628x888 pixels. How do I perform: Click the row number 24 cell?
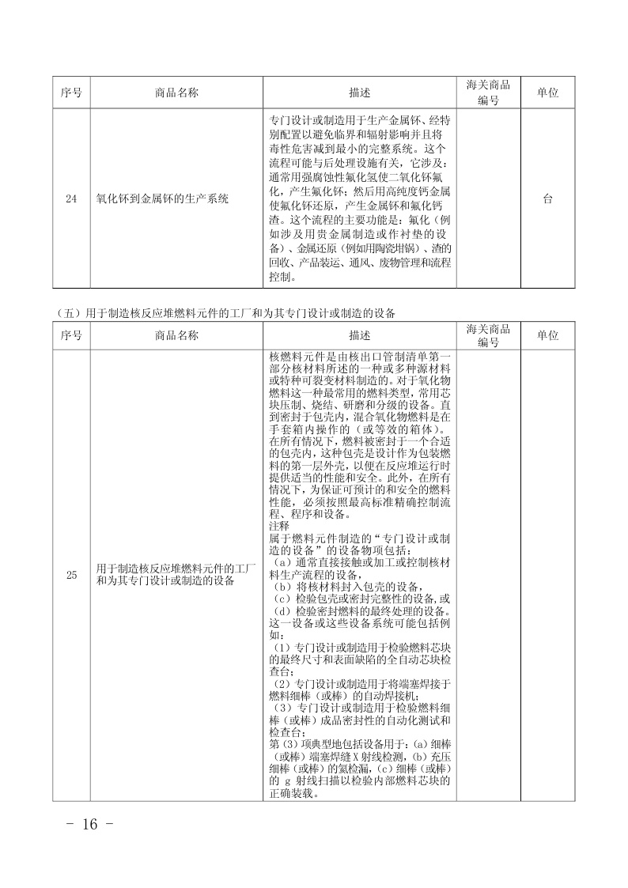(x=72, y=199)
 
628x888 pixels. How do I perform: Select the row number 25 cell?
(x=72, y=575)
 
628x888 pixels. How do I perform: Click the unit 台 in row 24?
(x=547, y=199)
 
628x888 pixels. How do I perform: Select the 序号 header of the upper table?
(x=72, y=93)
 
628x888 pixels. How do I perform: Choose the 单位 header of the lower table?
(x=547, y=335)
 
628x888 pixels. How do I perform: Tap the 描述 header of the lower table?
(x=359, y=335)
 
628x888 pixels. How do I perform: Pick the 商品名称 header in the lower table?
(x=177, y=335)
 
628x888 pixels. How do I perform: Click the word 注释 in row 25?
(x=279, y=526)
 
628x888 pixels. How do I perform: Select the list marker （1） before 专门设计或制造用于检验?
(x=281, y=647)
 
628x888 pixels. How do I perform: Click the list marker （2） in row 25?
(x=281, y=682)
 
